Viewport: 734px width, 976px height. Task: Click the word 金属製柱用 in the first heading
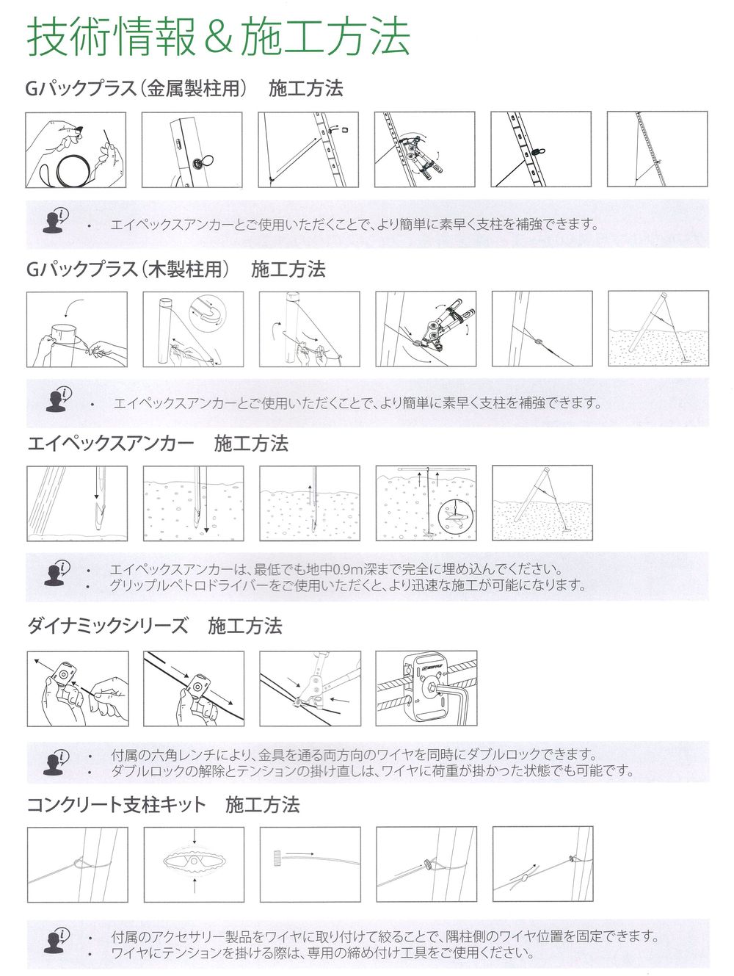193,88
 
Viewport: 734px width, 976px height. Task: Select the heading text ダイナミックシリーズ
108,626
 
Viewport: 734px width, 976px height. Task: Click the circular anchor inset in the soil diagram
457,517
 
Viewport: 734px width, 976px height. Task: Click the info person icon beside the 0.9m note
57,574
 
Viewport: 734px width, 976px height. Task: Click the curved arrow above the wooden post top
73,306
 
